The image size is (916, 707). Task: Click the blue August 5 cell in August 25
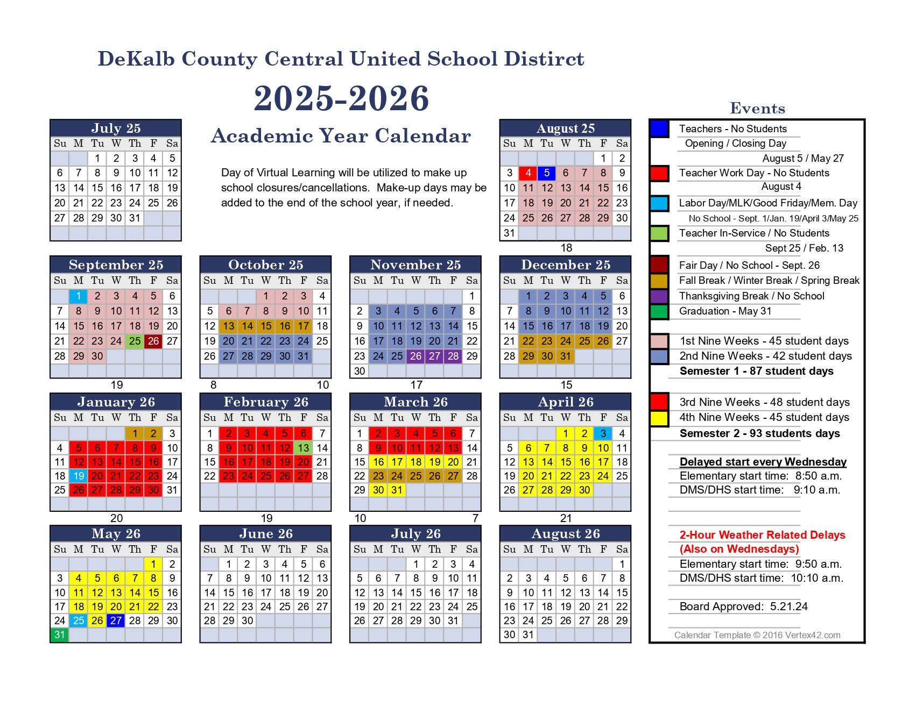[547, 173]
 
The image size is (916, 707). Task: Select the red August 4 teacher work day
[528, 173]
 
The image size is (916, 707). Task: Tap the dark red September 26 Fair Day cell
[153, 341]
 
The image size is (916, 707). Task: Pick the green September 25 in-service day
[135, 341]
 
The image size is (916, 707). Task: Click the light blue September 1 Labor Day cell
[79, 296]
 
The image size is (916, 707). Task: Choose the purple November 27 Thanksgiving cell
[434, 356]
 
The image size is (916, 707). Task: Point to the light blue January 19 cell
[79, 476]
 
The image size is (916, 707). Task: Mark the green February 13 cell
[304, 448]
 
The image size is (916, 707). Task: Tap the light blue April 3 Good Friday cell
[603, 433]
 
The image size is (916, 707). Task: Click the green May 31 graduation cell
[60, 634]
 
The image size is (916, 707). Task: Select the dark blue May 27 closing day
[116, 620]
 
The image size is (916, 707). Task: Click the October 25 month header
[265, 265]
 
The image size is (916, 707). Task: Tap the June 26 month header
[265, 533]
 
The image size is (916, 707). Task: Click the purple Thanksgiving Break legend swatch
[659, 296]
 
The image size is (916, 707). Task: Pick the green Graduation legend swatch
[659, 311]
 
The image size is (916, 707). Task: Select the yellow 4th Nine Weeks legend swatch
[659, 418]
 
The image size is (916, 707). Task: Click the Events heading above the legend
[757, 109]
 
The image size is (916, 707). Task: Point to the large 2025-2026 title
[341, 98]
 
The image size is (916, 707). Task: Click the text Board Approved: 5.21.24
[743, 606]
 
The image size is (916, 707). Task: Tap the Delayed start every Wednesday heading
[763, 462]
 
